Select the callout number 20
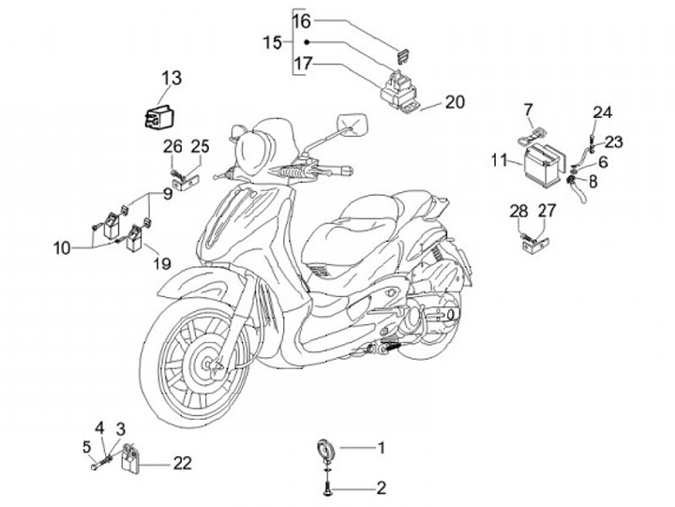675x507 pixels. (x=455, y=102)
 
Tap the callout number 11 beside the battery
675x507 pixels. (x=499, y=161)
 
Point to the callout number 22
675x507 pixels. (x=183, y=462)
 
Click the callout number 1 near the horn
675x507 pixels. (x=382, y=448)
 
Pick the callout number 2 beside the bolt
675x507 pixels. (x=382, y=487)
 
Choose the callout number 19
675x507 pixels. (x=161, y=263)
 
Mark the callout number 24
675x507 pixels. (x=602, y=112)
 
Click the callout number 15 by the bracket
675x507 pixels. (x=272, y=42)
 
